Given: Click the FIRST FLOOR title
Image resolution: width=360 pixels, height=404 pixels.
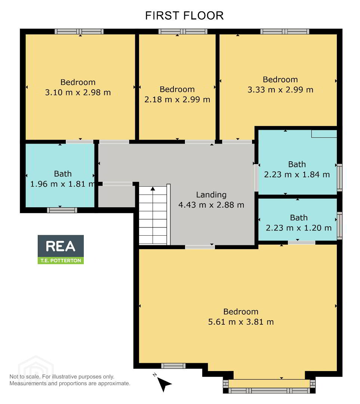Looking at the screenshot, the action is pyautogui.click(x=184, y=16).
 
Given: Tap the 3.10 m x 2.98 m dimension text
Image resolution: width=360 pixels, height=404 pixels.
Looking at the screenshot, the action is pyautogui.click(x=78, y=92).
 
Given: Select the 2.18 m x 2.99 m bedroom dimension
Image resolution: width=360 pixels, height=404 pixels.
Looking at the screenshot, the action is pyautogui.click(x=177, y=100).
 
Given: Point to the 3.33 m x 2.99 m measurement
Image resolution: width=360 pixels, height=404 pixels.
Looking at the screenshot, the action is pyautogui.click(x=280, y=90).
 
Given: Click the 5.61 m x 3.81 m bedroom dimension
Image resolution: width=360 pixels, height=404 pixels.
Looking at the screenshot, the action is pyautogui.click(x=241, y=322).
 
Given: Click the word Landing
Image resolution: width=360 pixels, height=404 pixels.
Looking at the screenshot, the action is pyautogui.click(x=211, y=195).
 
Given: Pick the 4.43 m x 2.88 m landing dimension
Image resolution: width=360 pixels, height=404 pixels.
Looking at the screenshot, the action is pyautogui.click(x=211, y=205).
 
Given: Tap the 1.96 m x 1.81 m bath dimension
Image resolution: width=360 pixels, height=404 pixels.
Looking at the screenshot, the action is pyautogui.click(x=62, y=184).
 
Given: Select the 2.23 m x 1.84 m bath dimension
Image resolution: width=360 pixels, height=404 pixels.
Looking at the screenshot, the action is pyautogui.click(x=297, y=174).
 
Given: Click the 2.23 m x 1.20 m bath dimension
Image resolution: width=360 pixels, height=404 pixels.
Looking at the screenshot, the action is pyautogui.click(x=299, y=228).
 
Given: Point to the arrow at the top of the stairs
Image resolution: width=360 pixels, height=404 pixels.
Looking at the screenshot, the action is pyautogui.click(x=153, y=189).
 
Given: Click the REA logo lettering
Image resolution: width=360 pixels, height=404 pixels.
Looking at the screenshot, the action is pyautogui.click(x=61, y=246).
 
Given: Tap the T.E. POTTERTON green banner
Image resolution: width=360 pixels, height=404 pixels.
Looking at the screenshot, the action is pyautogui.click(x=61, y=260).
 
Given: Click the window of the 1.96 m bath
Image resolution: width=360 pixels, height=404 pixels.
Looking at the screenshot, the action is pyautogui.click(x=62, y=210).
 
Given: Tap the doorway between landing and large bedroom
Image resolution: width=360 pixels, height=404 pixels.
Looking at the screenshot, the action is pyautogui.click(x=200, y=247).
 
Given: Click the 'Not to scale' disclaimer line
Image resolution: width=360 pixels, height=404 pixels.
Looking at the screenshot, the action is pyautogui.click(x=62, y=377).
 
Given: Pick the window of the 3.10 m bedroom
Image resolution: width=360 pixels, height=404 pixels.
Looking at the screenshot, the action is pyautogui.click(x=79, y=32).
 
